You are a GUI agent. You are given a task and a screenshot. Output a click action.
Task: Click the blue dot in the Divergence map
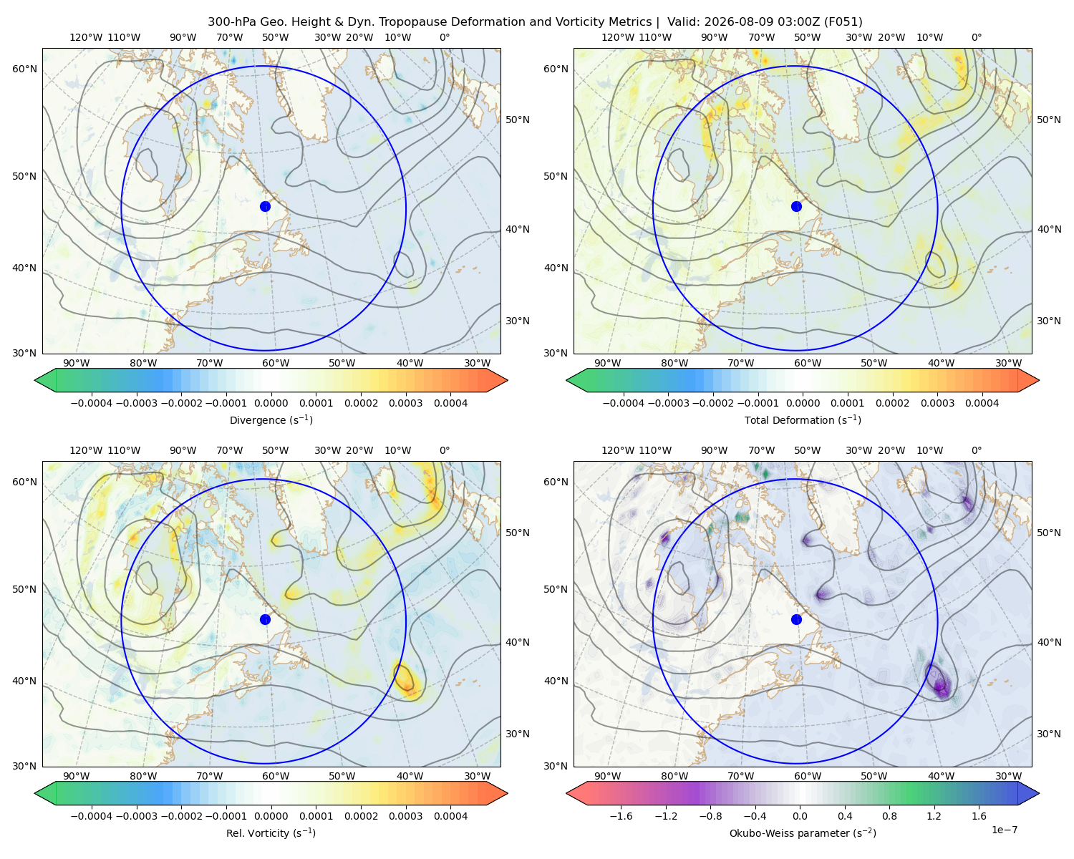[265, 206]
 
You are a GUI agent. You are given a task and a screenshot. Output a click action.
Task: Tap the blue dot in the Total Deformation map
[796, 206]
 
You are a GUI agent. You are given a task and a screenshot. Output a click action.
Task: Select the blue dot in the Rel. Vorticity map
[265, 619]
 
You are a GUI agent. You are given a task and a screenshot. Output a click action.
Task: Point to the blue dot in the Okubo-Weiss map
[796, 619]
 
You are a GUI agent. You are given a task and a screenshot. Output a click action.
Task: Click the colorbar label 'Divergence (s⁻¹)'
[271, 419]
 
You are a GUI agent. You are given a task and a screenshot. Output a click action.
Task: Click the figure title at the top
[535, 21]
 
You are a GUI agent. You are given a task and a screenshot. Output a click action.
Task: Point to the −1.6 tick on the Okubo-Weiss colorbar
[621, 815]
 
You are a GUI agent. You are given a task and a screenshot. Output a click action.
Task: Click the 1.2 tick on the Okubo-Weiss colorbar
[934, 815]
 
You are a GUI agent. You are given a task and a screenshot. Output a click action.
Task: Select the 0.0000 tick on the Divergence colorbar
[271, 403]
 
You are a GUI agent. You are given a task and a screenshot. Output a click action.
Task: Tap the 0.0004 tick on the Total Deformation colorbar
[982, 403]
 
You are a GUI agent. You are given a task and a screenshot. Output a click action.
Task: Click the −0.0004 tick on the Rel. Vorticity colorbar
[92, 815]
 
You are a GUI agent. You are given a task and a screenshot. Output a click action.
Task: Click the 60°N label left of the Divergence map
[24, 69]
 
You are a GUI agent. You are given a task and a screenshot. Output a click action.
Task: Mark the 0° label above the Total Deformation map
[976, 37]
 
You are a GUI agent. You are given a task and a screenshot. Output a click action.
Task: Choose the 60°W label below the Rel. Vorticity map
[276, 776]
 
